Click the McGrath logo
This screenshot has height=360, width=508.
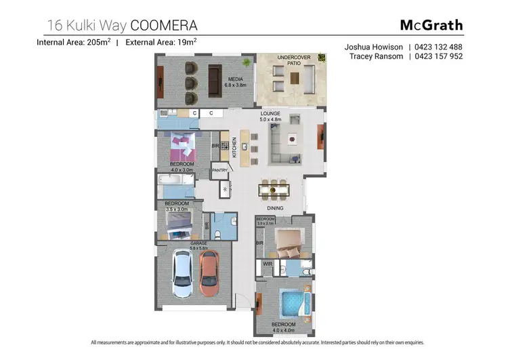(431, 25)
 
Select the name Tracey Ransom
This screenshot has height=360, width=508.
(377, 56)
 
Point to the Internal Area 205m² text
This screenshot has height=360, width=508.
(75, 42)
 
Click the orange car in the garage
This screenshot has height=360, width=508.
(209, 268)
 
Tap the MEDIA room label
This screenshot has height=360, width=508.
(234, 80)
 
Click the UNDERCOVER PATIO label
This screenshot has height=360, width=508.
(293, 61)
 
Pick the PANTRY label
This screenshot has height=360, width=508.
(219, 170)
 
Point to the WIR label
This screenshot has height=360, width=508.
(267, 264)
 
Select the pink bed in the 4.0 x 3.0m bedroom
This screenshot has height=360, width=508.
(182, 145)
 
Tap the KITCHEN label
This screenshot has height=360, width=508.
(235, 147)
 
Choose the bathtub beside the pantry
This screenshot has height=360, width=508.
(175, 184)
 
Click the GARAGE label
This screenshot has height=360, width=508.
(198, 243)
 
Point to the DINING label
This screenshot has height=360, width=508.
(275, 208)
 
